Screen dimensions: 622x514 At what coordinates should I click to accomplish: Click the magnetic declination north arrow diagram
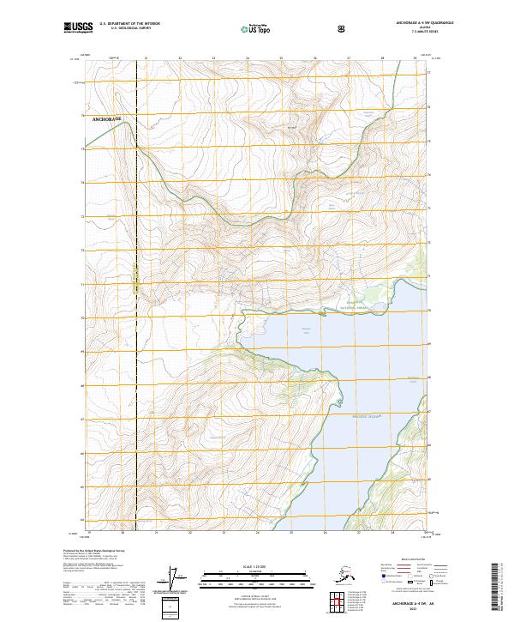178,581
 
